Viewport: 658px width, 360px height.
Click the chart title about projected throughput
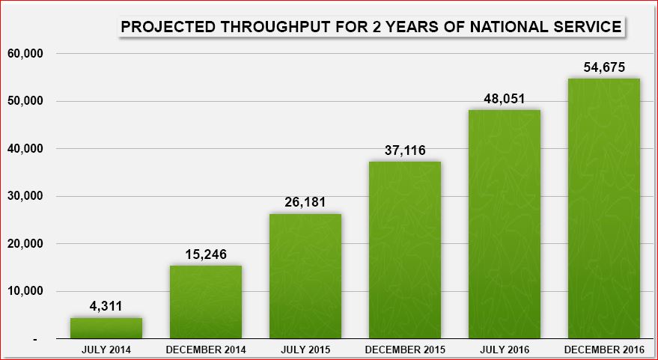(x=371, y=28)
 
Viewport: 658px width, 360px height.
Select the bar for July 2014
(x=106, y=329)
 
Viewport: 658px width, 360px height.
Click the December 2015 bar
(x=404, y=251)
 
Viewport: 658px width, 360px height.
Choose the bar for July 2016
(x=504, y=225)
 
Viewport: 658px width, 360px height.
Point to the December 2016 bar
(x=603, y=209)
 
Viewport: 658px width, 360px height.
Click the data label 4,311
(x=106, y=306)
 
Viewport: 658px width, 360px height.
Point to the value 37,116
(x=404, y=150)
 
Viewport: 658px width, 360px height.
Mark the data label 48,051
(x=504, y=98)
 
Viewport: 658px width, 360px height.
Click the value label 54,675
(x=603, y=67)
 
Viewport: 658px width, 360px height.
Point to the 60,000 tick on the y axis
(x=25, y=54)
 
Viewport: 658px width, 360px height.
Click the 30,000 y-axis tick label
(x=25, y=196)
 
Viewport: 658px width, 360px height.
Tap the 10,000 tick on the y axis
(x=25, y=291)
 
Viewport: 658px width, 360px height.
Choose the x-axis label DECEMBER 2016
(x=603, y=350)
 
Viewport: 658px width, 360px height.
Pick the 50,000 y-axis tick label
(x=25, y=101)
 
